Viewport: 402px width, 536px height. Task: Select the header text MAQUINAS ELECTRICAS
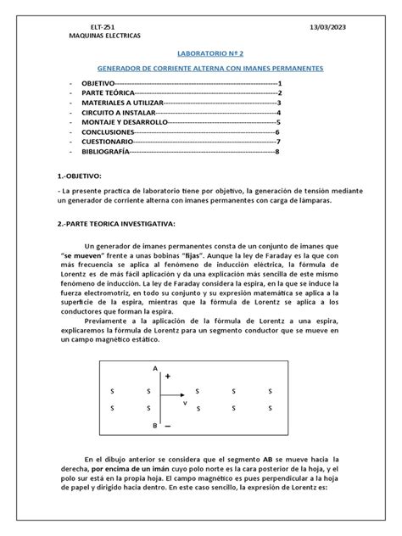[x=104, y=37]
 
